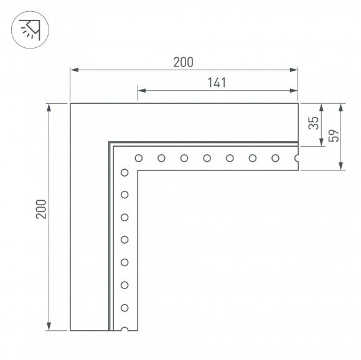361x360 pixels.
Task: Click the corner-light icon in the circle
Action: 29,29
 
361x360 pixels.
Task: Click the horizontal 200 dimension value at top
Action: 184,62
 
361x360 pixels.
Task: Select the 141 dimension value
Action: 216,83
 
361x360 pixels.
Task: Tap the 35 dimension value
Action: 314,124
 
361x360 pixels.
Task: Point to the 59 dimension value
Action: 332,136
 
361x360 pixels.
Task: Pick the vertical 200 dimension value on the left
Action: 40,213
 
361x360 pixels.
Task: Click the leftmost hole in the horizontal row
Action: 139,158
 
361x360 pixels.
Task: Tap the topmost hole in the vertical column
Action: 124,172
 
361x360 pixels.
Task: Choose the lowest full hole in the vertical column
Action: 124,308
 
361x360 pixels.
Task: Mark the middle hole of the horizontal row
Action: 207,158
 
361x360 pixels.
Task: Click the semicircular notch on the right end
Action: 297,158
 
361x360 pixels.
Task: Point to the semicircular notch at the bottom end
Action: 124,329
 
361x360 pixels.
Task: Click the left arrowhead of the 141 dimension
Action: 139,91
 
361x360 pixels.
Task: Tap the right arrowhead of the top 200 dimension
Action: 295,71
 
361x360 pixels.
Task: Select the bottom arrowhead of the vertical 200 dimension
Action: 49,327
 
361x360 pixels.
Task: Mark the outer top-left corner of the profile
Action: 70,103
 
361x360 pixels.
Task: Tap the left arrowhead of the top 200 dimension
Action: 73,71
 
